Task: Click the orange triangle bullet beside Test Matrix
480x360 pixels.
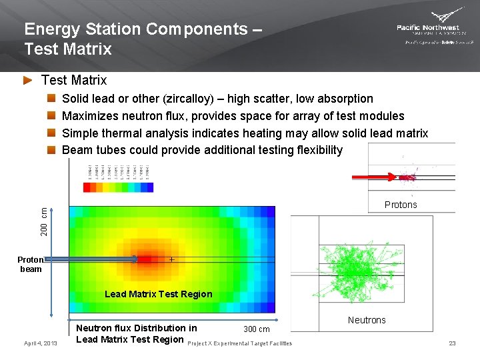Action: click(x=27, y=81)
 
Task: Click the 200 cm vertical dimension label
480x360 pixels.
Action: click(x=43, y=221)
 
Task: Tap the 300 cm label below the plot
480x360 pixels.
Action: click(x=257, y=329)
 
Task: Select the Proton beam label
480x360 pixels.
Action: click(x=31, y=265)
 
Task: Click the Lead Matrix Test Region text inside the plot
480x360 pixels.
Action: click(x=159, y=294)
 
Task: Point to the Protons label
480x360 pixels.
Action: click(x=401, y=205)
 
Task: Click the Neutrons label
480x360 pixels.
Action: click(x=367, y=320)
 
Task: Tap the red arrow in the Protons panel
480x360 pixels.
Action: click(x=373, y=177)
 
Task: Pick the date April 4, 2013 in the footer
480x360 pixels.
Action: click(x=41, y=343)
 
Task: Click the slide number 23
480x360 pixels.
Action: click(x=452, y=343)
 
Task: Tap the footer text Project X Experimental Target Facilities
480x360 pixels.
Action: click(x=240, y=343)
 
